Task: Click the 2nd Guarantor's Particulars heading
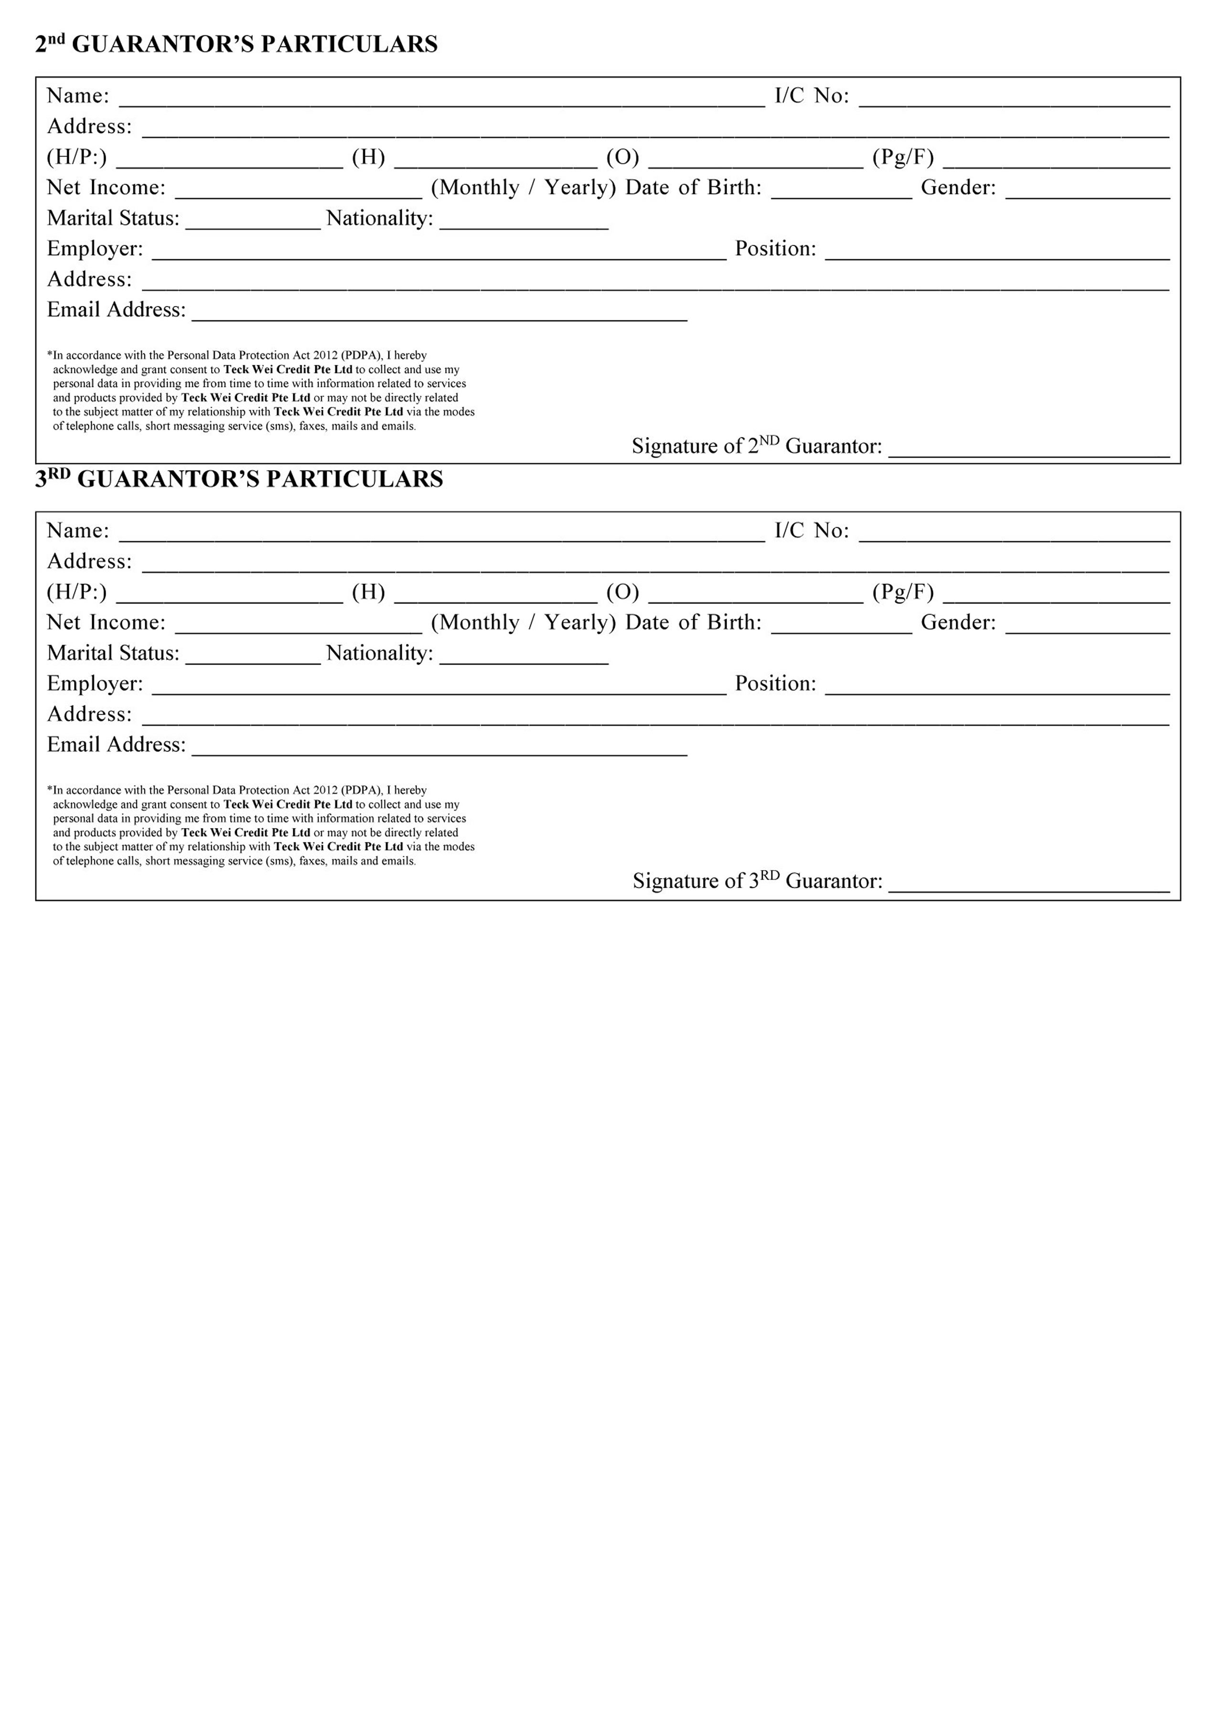tap(236, 44)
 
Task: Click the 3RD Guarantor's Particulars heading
tap(239, 479)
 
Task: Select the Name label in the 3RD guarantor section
tap(78, 531)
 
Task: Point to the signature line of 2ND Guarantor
tap(1029, 448)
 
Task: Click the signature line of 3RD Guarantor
tap(1029, 883)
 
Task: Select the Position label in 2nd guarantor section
tap(776, 249)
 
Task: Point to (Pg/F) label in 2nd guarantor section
tap(903, 158)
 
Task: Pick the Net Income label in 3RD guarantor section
tap(106, 623)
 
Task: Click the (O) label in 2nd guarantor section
tap(622, 158)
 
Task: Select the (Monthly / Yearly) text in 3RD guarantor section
tap(523, 623)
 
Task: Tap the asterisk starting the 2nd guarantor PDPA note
tap(50, 354)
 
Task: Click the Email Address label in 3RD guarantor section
tap(116, 745)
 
